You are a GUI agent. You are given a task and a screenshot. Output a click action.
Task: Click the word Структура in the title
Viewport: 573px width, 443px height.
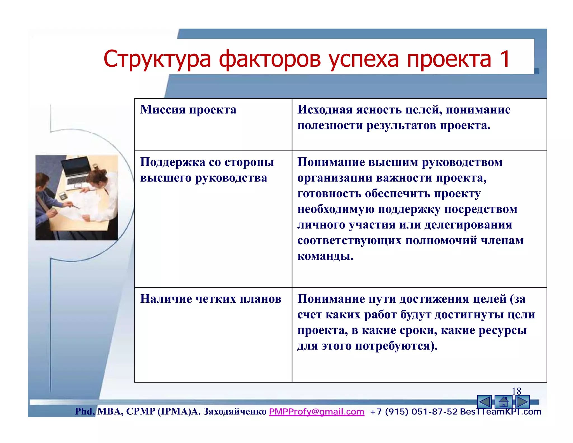coord(157,59)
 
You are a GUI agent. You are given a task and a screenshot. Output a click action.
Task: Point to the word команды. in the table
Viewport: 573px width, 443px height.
coord(325,256)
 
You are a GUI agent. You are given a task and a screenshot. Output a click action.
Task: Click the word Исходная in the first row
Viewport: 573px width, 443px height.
coord(325,109)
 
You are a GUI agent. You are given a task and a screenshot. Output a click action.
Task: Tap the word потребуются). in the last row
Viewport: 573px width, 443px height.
coord(396,346)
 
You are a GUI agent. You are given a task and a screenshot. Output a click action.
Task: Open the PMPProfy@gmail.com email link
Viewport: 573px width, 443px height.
coord(316,412)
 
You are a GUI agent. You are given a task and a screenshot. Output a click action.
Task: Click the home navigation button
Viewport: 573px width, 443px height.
coord(503,402)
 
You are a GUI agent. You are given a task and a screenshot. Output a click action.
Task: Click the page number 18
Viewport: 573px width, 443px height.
coord(516,391)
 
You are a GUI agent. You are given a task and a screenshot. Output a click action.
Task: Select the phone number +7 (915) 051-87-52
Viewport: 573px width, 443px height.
coord(414,412)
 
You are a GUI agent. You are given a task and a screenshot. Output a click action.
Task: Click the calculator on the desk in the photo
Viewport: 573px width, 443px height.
coord(63,196)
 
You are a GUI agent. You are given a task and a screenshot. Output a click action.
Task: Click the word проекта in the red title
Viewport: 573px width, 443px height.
coord(449,59)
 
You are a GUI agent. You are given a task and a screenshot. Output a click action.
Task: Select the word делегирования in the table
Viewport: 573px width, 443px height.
coord(468,225)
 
